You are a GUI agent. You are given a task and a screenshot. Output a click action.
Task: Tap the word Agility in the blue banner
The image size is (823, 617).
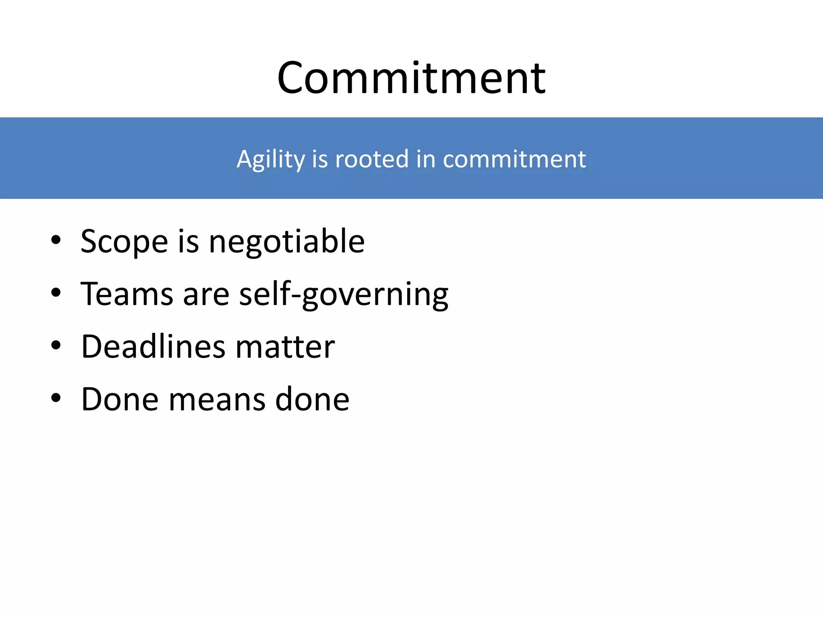270,159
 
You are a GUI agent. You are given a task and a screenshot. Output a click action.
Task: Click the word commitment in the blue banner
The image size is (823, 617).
514,159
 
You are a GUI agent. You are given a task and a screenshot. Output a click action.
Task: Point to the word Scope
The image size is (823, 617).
124,242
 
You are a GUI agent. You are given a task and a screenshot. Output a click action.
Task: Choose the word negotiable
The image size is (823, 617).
287,242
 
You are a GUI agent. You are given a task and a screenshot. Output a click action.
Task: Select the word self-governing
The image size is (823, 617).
344,294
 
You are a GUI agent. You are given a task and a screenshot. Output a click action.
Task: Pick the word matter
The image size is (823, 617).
285,347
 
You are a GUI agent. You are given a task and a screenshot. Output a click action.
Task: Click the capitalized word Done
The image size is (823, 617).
120,399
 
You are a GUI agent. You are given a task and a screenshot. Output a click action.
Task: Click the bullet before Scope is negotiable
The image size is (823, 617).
56,240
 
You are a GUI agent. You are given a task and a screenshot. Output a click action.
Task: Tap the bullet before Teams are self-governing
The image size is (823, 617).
56,293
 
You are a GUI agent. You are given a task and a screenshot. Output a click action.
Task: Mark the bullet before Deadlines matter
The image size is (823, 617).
56,345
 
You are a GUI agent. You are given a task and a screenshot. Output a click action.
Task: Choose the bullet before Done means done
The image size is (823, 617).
56,398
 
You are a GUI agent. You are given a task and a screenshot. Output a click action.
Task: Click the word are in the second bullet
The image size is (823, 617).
206,294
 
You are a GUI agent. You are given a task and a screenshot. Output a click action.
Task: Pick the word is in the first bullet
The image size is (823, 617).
188,242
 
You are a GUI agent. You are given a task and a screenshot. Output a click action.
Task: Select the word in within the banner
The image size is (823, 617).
426,159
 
